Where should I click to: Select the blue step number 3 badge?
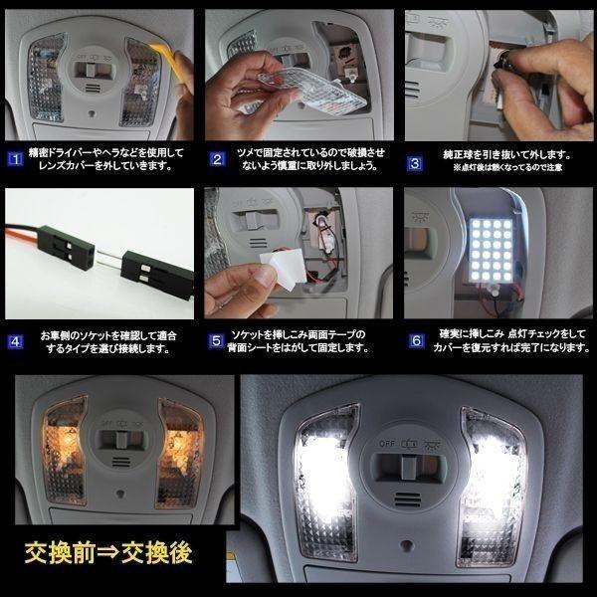click(414, 156)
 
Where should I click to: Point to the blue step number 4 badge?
click(13, 341)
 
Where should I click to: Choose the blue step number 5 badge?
click(215, 341)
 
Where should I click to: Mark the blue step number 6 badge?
click(414, 341)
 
